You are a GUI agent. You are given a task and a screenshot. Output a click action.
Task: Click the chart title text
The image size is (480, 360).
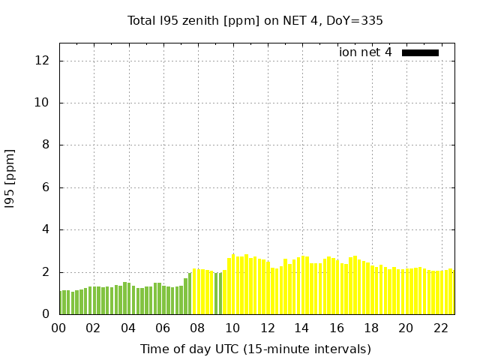click(x=255, y=21)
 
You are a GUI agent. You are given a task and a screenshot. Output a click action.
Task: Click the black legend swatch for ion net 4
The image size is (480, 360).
click(x=420, y=52)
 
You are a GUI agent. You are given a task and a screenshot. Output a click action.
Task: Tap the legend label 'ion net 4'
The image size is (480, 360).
click(x=365, y=52)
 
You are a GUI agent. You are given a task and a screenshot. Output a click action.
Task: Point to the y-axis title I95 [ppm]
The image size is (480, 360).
click(x=10, y=178)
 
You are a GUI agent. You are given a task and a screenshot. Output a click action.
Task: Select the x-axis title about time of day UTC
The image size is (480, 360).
click(x=255, y=349)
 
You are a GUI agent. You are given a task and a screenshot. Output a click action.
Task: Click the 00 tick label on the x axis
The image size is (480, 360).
click(x=58, y=328)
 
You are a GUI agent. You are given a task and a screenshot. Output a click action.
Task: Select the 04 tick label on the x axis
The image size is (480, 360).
click(x=127, y=328)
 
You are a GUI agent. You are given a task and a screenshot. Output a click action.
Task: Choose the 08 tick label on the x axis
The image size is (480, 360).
click(x=197, y=328)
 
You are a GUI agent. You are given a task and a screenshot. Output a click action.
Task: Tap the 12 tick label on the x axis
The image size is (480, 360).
click(x=266, y=328)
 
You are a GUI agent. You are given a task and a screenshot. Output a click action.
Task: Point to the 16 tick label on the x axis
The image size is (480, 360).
click(x=336, y=328)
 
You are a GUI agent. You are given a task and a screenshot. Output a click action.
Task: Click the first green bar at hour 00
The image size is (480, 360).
click(x=61, y=302)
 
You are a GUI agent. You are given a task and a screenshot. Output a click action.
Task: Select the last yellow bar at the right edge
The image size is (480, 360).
click(x=451, y=292)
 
